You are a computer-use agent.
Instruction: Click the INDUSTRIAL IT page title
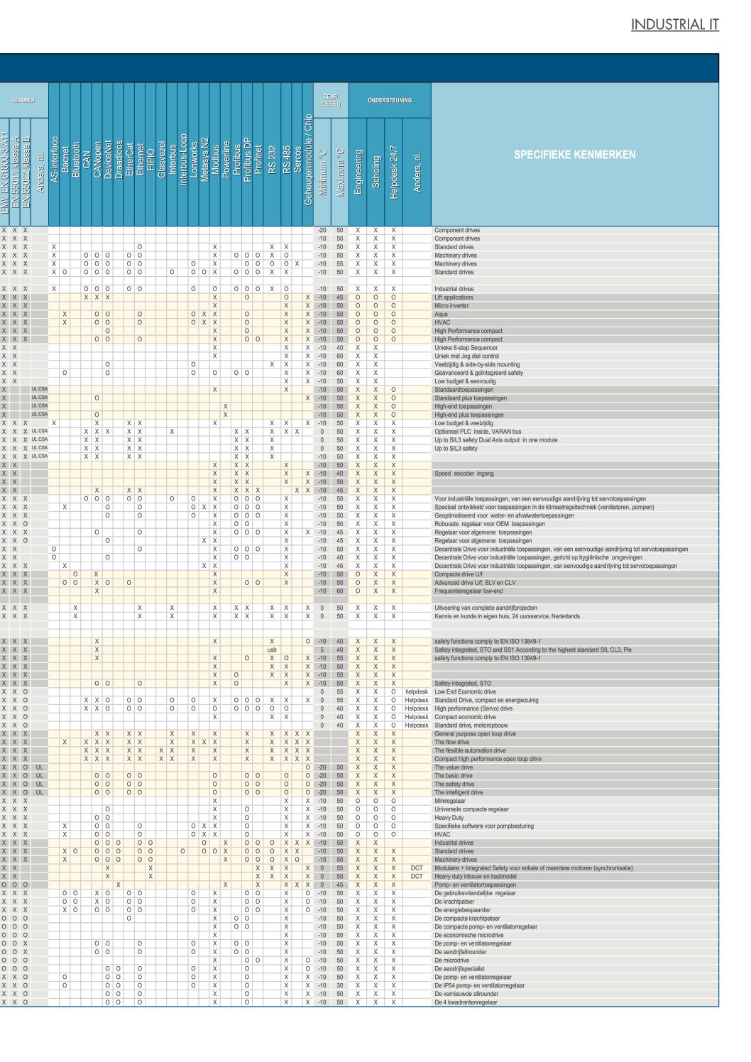[674, 25]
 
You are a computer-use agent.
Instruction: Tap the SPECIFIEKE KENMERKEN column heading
[574, 154]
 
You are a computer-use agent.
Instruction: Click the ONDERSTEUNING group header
[389, 100]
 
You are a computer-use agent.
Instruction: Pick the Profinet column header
[258, 160]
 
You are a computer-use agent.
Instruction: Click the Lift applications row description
[454, 297]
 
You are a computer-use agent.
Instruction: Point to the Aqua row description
[441, 314]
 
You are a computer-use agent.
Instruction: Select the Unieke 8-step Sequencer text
[466, 348]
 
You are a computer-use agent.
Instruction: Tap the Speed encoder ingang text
[464, 473]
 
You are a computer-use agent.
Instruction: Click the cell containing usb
[272, 650]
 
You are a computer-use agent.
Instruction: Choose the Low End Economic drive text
[465, 691]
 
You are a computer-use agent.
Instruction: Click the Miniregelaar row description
[450, 801]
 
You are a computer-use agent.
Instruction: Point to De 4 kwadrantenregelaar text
[466, 1002]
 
